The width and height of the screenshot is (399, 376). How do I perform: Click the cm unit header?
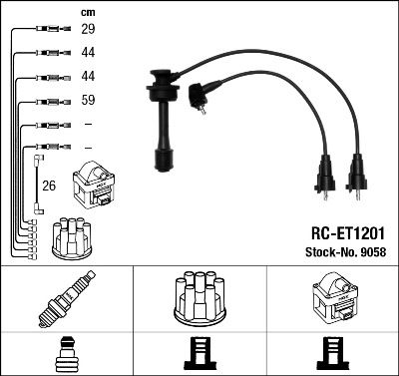click(x=88, y=13)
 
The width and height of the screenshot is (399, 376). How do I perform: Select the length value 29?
click(x=88, y=31)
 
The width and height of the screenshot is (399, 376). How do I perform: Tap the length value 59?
click(x=88, y=101)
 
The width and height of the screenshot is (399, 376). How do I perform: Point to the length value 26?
click(x=49, y=185)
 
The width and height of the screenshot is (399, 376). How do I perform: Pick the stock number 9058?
click(x=371, y=251)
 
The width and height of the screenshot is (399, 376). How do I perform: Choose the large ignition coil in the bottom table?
click(x=332, y=298)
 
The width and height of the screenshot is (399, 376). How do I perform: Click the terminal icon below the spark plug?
click(x=66, y=354)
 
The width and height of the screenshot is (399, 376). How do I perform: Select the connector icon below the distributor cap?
click(x=199, y=354)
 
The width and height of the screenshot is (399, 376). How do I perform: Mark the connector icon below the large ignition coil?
click(x=332, y=354)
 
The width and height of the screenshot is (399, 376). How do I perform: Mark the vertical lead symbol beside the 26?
click(x=38, y=184)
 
